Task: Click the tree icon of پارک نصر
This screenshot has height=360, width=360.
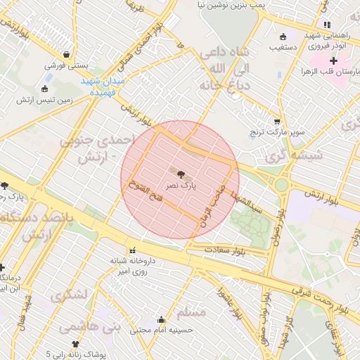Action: coord(181,174)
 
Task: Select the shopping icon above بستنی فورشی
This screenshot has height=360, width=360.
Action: coord(66,54)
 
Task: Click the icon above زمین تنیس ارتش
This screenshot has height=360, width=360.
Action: coord(46,89)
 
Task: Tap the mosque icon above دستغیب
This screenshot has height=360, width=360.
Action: coord(283,37)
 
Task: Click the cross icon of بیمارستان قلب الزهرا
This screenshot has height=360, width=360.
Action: coord(333,62)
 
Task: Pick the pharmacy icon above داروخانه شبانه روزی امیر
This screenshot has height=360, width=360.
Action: coord(132,250)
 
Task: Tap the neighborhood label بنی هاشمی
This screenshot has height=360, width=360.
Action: coord(90,327)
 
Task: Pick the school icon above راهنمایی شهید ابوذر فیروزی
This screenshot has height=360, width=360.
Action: coord(326,25)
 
